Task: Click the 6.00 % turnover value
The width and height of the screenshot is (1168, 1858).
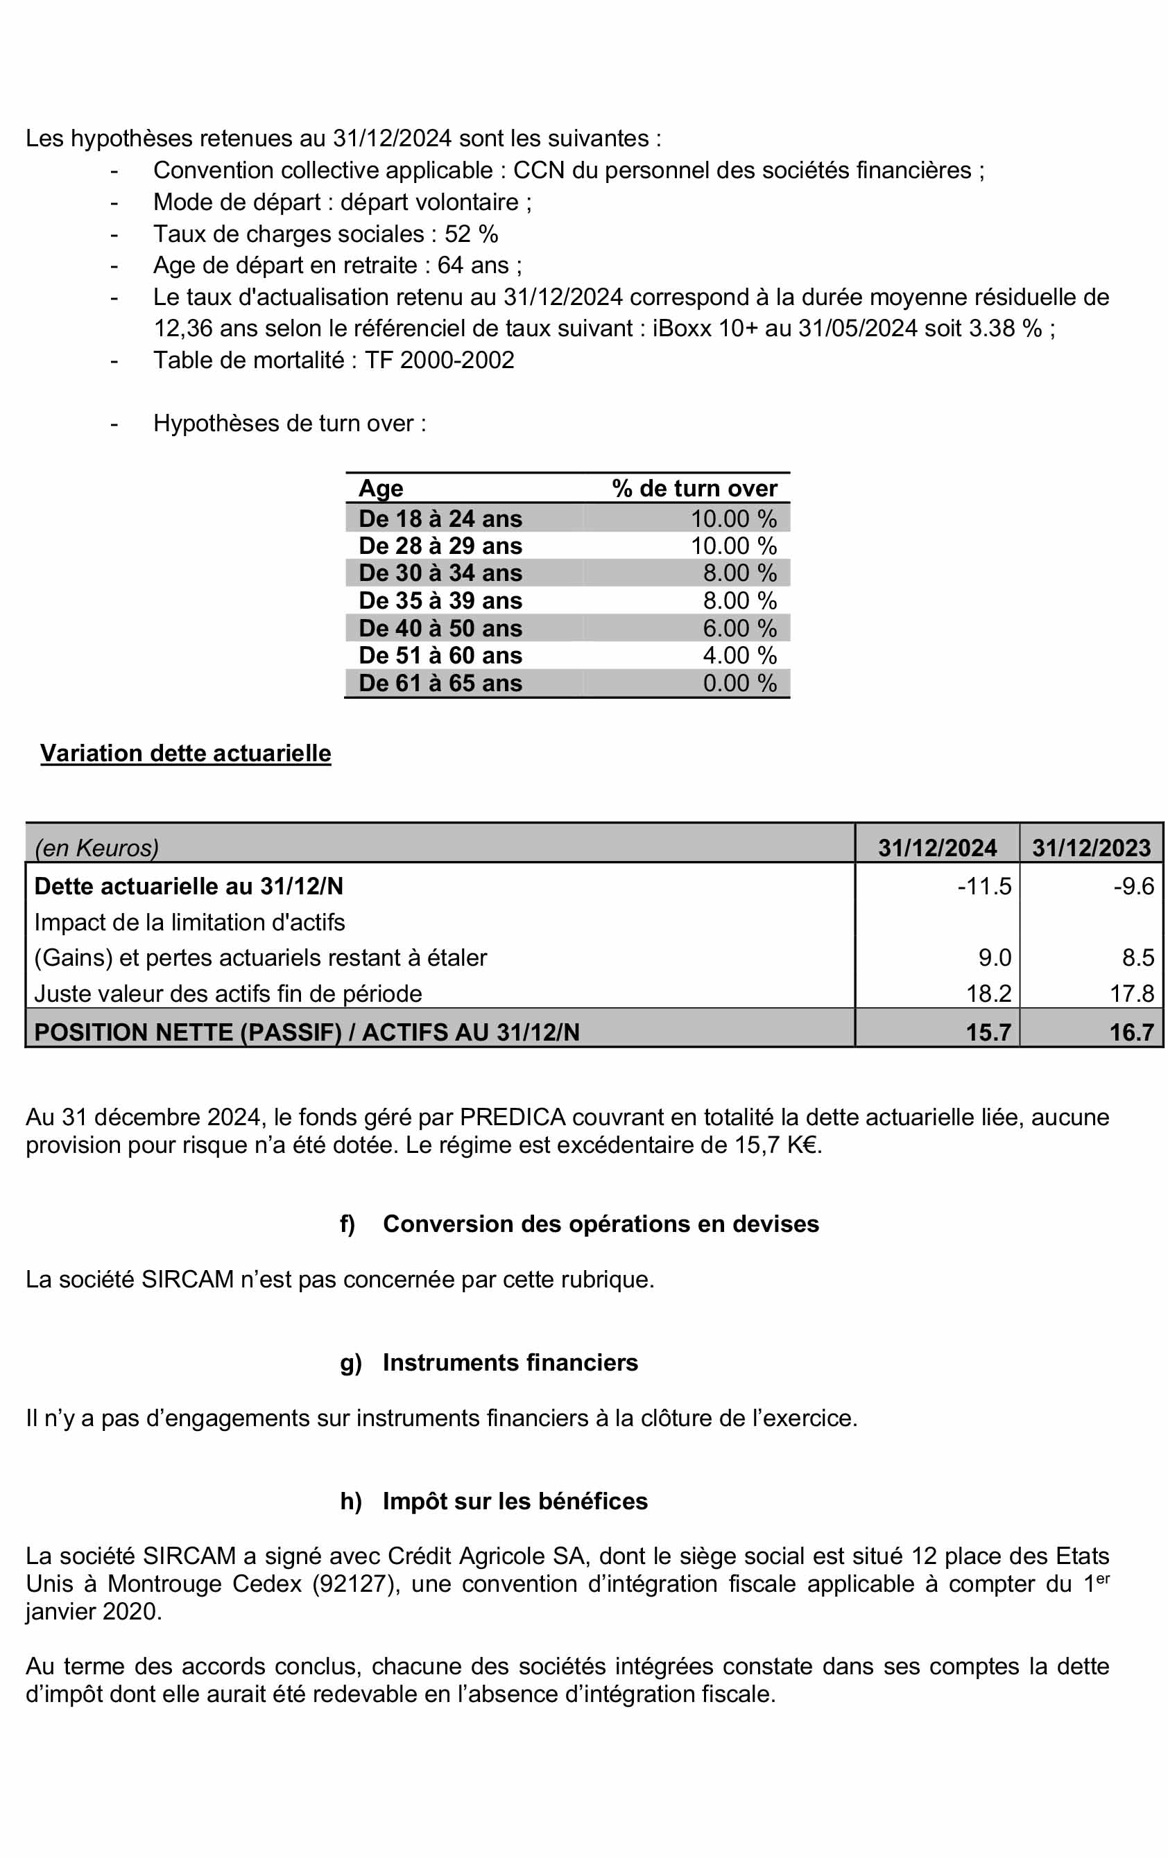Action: [739, 628]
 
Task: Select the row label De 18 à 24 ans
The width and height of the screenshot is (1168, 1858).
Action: [440, 519]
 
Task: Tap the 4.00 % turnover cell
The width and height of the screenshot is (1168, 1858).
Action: [739, 656]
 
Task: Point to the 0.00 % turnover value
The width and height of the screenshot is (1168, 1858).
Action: [739, 683]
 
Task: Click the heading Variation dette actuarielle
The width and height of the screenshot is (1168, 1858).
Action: [185, 753]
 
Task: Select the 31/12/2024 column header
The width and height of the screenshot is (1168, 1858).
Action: [937, 847]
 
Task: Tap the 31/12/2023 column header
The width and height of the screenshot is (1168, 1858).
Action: [1091, 847]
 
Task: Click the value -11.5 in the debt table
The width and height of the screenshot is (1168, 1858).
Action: [984, 886]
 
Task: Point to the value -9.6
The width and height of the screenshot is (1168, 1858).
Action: [1133, 886]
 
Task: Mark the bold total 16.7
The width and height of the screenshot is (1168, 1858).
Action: [1132, 1032]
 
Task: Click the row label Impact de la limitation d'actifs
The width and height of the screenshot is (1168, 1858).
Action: [189, 922]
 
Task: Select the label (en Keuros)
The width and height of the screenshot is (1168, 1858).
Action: [96, 848]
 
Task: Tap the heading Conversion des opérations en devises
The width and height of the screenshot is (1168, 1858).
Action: [600, 1224]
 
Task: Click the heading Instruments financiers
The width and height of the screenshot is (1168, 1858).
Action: [510, 1362]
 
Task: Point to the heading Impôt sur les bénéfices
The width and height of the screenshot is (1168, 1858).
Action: [515, 1501]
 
